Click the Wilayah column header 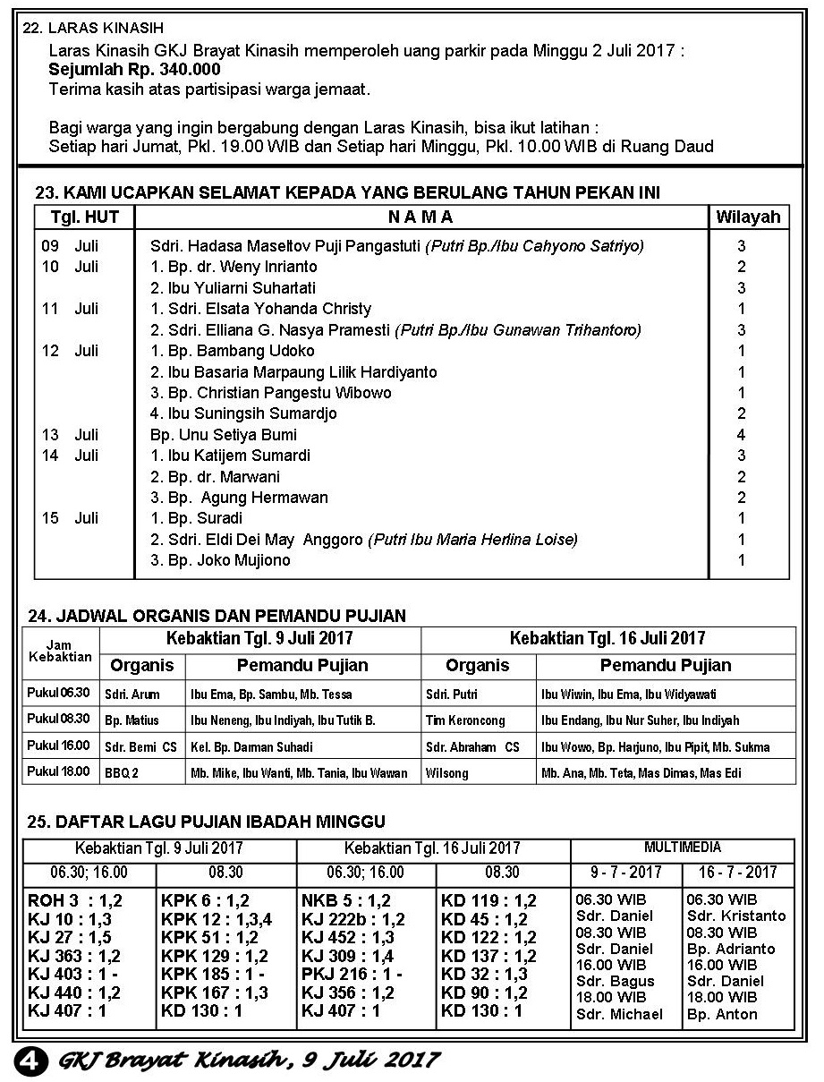[748, 217]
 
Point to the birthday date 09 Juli [70, 245]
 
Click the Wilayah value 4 [742, 435]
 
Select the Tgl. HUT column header [84, 217]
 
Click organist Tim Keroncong [465, 720]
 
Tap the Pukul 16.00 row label [59, 745]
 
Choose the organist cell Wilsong [447, 772]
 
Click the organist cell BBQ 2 [123, 772]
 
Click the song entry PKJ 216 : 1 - [352, 974]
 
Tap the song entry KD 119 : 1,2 [488, 900]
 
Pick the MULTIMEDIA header [682, 847]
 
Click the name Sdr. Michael [619, 1014]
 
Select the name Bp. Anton [722, 1014]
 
